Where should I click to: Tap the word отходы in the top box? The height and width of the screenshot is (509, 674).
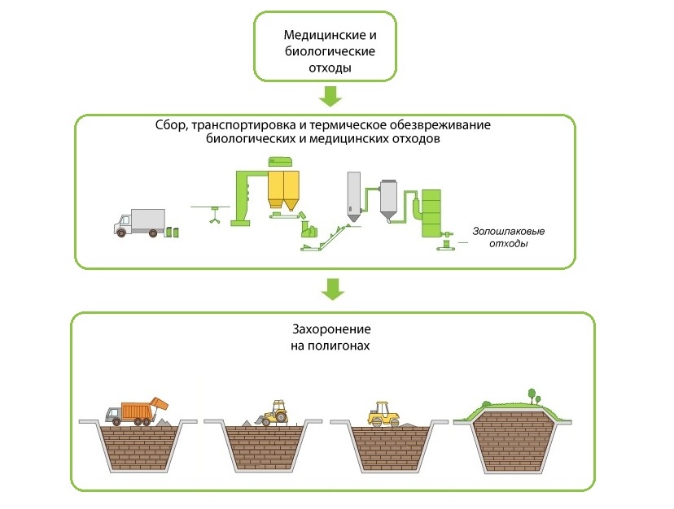coord(330,67)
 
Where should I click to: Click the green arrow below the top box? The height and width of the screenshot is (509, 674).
coord(330,96)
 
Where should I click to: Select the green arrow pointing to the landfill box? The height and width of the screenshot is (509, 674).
coord(333,289)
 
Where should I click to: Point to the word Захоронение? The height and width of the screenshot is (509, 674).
coord(331,329)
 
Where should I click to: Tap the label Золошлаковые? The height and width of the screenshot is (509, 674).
coord(509,231)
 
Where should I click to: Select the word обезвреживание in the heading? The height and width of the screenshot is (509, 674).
coord(440,125)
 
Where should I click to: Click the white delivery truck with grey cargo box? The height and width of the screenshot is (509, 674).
coord(139,223)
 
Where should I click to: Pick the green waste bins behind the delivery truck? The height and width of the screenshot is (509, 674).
coord(173,232)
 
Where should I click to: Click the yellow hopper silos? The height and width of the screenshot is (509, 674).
coord(284,190)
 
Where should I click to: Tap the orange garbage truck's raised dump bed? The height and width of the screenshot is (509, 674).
coord(160,405)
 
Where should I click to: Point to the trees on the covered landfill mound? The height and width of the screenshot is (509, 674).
coord(533,396)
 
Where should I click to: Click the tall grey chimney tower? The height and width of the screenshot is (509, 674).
coord(354,197)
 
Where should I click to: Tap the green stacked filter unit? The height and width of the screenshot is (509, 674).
coord(431,213)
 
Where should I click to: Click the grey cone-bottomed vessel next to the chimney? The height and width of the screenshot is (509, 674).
coord(388,200)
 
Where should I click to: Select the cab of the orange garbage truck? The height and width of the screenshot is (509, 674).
coord(113,414)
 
